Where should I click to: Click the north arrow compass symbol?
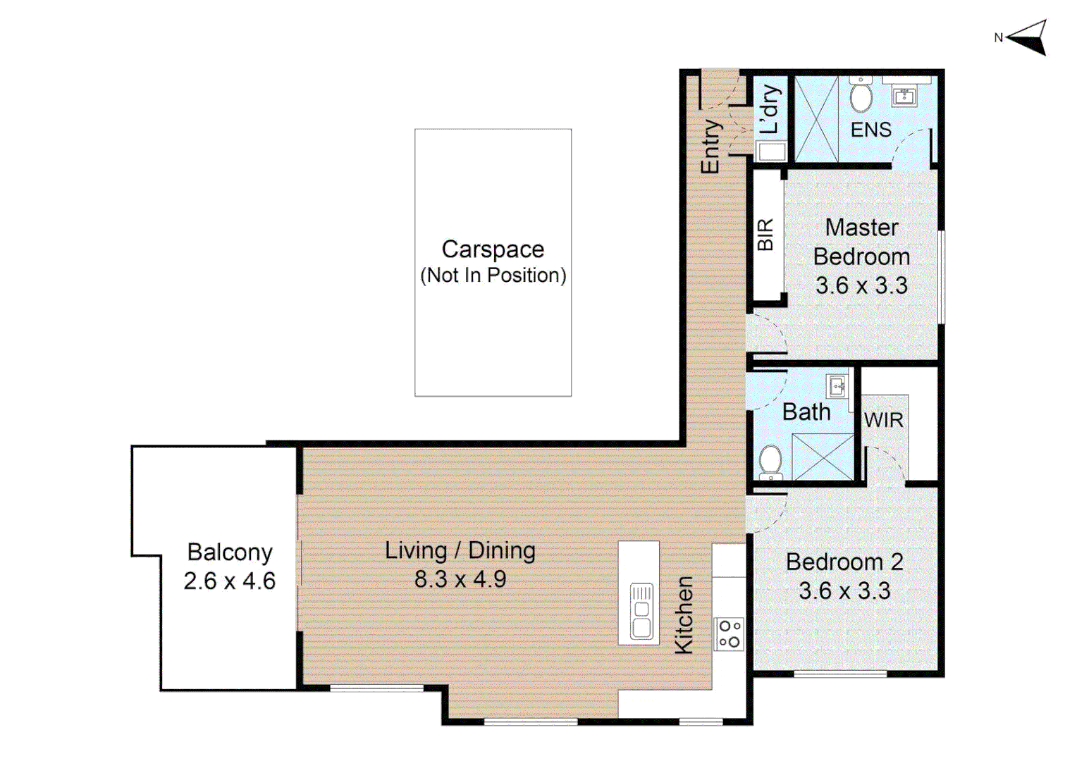click(1029, 37)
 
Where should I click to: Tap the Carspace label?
click(493, 249)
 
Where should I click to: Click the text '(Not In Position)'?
click(493, 276)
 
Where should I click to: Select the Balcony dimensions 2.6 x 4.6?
click(229, 581)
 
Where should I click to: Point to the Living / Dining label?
click(460, 550)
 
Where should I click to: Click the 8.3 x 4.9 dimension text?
click(460, 579)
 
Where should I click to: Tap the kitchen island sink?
click(641, 610)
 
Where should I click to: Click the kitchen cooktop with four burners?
click(729, 633)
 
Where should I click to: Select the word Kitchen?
click(684, 615)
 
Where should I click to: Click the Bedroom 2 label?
click(844, 562)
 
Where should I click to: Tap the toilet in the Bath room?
click(770, 462)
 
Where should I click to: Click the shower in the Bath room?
click(823, 457)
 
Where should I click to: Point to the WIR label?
click(883, 421)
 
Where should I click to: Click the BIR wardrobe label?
click(765, 235)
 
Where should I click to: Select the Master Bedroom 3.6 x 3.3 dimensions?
click(861, 286)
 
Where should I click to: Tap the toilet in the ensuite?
click(861, 97)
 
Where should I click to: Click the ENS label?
click(870, 130)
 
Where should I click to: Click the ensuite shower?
click(816, 119)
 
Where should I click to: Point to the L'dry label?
click(770, 109)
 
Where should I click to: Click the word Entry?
click(710, 146)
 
